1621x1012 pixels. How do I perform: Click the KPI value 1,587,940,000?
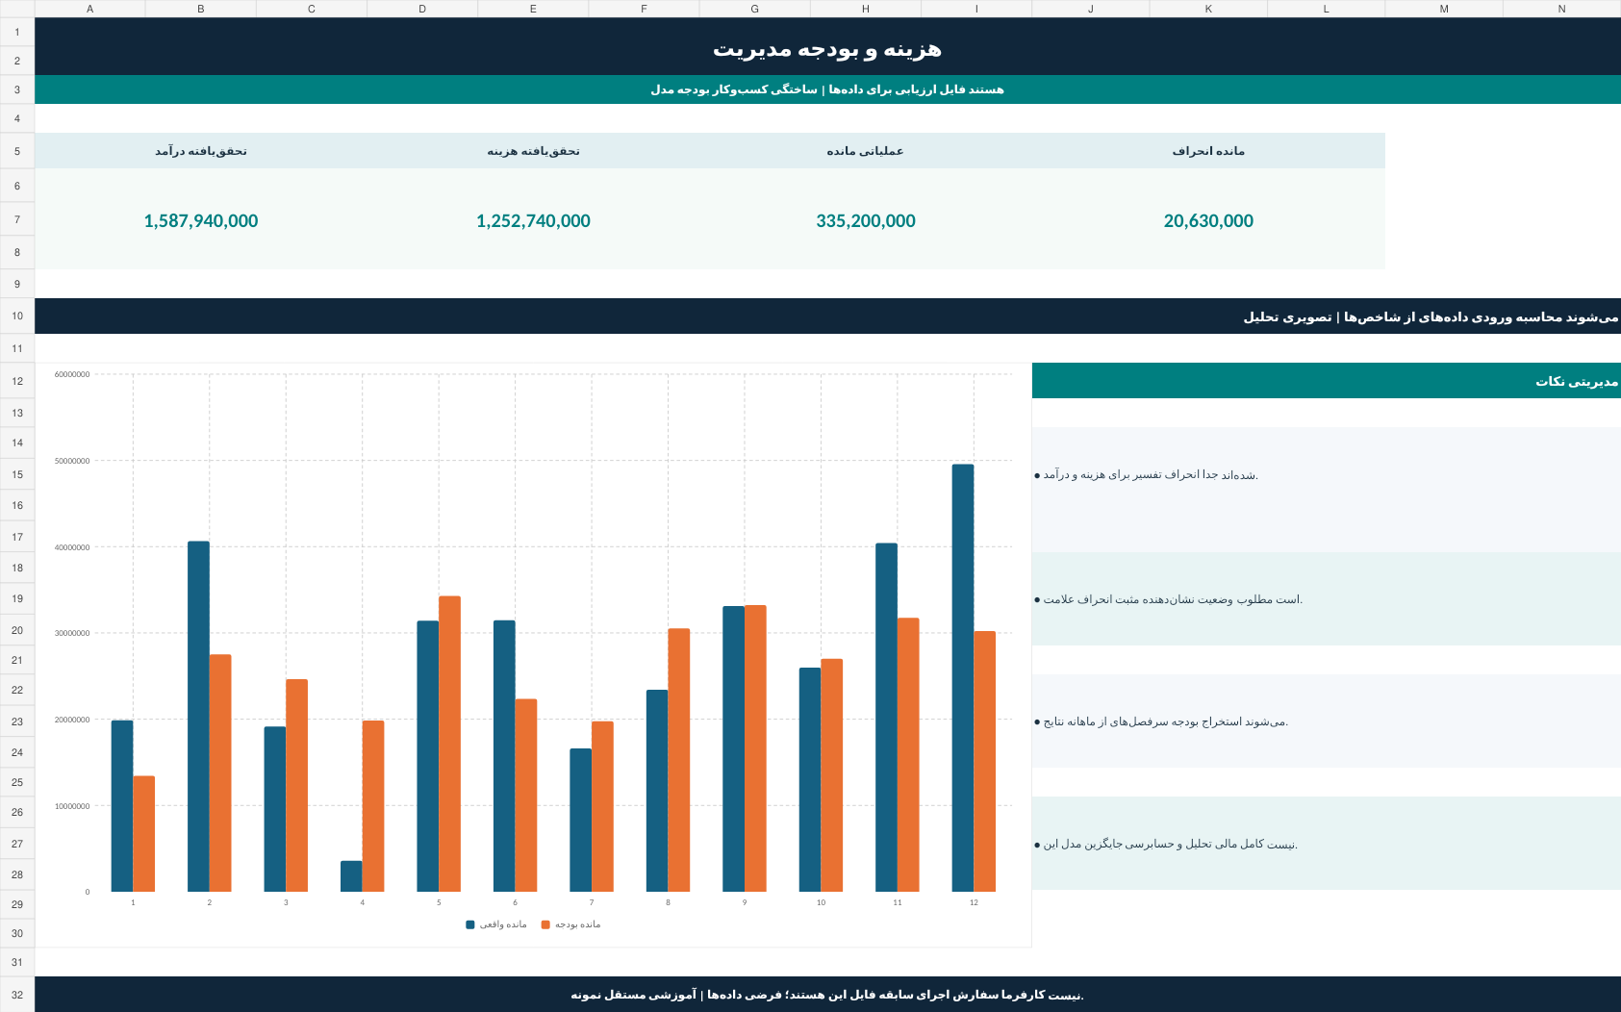[x=200, y=220]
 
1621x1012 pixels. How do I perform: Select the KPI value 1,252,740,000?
[x=533, y=220]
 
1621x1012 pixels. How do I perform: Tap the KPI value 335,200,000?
[x=866, y=220]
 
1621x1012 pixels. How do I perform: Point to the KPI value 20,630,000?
[x=1207, y=220]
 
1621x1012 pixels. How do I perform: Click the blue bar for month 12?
[x=962, y=678]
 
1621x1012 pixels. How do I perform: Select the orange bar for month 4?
[x=372, y=806]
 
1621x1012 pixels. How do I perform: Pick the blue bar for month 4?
[x=351, y=876]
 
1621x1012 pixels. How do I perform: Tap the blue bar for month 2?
[x=198, y=716]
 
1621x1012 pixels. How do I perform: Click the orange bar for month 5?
[x=449, y=744]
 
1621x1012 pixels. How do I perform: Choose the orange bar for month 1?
[x=144, y=834]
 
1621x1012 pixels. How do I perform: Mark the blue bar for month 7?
[x=580, y=821]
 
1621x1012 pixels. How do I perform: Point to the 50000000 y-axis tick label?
[x=71, y=461]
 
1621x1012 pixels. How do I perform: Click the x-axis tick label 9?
[x=744, y=902]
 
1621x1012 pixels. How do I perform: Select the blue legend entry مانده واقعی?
[x=496, y=924]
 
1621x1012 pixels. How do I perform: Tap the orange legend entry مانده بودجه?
[x=571, y=924]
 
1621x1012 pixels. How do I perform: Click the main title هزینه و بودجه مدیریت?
[x=827, y=49]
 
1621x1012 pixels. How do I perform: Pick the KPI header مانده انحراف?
[x=1207, y=151]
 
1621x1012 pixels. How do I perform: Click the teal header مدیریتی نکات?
[x=1576, y=381]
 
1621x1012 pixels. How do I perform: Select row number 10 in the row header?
[x=17, y=316]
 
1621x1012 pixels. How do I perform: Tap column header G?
[x=755, y=9]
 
